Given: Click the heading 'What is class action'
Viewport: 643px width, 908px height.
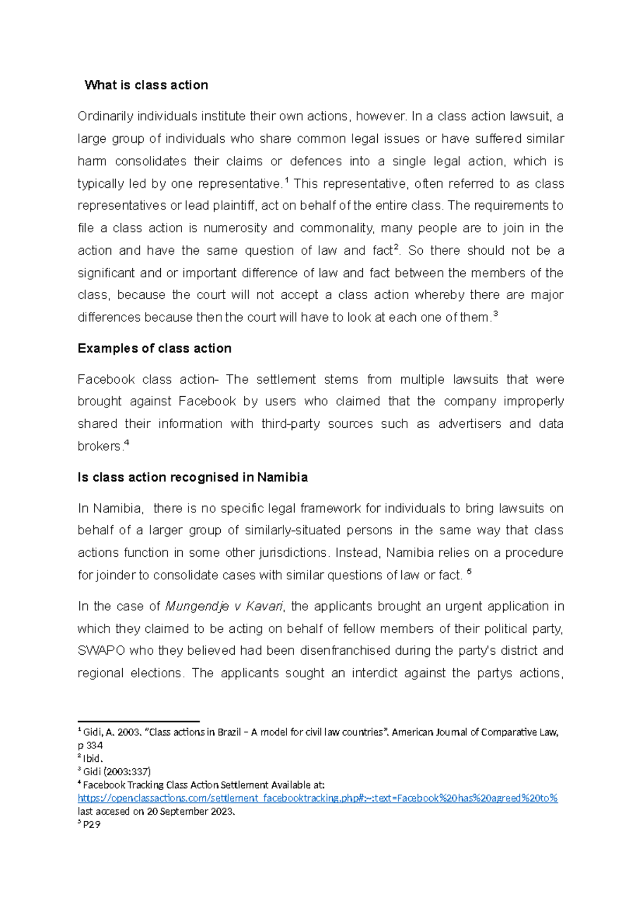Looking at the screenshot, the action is [x=146, y=85].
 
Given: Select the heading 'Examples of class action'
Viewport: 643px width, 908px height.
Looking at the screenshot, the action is [x=154, y=349].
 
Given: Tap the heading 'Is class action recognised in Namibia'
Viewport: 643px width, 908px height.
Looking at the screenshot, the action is [x=192, y=478].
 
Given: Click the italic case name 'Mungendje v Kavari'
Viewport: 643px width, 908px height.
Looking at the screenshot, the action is [x=224, y=607].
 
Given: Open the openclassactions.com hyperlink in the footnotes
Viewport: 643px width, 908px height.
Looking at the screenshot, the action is [x=317, y=798].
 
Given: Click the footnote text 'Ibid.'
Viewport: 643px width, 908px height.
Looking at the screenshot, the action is [x=92, y=759].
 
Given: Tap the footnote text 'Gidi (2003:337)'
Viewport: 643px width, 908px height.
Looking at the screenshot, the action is [x=117, y=771].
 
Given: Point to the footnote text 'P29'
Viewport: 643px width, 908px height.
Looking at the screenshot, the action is [x=92, y=824].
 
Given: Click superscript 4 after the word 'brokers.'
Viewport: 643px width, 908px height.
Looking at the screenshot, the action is [x=126, y=443].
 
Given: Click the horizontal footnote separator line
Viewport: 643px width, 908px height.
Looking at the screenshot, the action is [x=138, y=722].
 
